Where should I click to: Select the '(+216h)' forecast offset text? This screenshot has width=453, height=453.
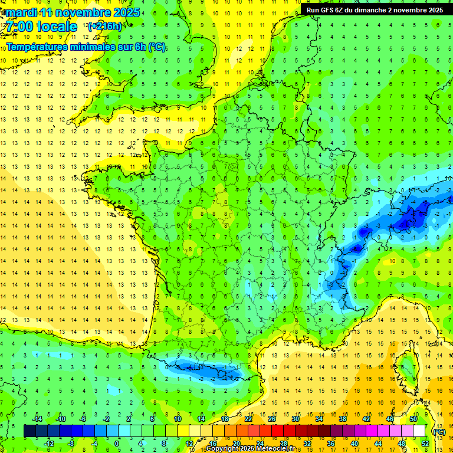pos(104,27)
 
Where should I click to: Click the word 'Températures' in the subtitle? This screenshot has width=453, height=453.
pos(40,47)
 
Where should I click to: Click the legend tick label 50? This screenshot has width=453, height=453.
pos(413,419)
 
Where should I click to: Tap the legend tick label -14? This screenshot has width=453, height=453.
pos(37,419)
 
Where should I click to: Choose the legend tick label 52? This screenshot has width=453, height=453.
pos(425,443)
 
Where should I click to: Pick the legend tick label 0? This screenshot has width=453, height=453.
pos(117,443)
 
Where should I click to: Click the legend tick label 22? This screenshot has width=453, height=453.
pos(248,419)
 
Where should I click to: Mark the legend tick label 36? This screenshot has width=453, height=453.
pos(330,443)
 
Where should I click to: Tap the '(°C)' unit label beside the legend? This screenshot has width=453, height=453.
pos(439,431)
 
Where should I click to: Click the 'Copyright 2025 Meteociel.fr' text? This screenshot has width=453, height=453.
pos(258,449)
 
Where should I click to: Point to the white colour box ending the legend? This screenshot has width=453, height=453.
pos(419,431)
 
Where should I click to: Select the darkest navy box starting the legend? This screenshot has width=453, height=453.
pos(29,431)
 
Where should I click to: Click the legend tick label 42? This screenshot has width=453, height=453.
pos(366,419)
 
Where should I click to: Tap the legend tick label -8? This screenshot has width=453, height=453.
pos(71,443)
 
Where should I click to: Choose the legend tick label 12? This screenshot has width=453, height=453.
pos(189,443)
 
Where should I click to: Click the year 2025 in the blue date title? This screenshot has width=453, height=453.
pos(126,12)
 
